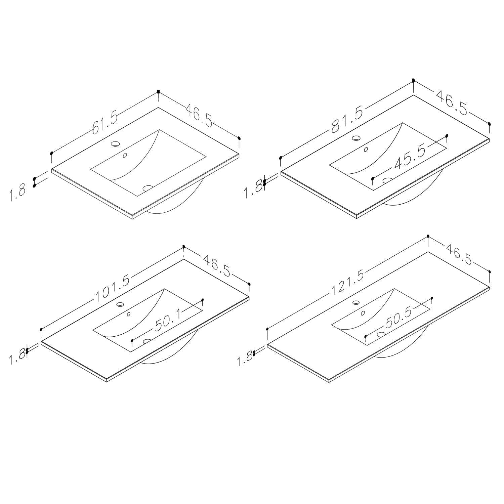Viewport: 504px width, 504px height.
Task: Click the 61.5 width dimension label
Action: (105, 123)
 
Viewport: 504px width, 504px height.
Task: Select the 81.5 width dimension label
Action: (347, 120)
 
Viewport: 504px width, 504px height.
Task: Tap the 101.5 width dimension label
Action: (112, 286)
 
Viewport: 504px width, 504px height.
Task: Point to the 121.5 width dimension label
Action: (348, 283)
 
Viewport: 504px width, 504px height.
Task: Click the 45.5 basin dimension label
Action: (410, 157)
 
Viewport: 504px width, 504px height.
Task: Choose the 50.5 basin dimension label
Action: (399, 318)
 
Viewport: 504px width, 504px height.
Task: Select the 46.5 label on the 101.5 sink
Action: (217, 265)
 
